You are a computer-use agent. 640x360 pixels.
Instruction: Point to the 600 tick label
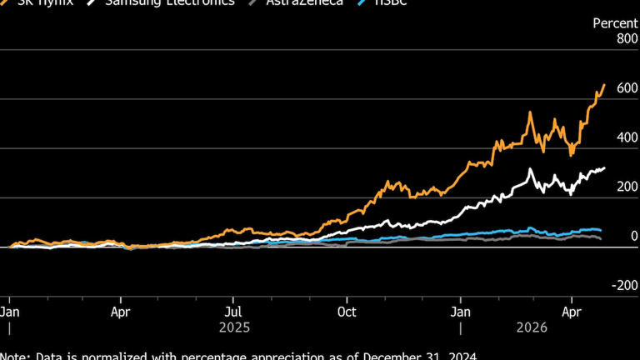point(627,87)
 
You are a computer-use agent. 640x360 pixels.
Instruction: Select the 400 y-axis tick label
point(627,137)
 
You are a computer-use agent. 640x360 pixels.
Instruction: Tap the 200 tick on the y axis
point(627,187)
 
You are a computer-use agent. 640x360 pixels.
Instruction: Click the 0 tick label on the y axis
point(632,237)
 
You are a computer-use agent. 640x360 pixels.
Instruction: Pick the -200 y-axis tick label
point(625,286)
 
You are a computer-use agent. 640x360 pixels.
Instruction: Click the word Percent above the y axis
point(615,23)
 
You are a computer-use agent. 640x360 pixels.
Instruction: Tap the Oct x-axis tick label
point(347,312)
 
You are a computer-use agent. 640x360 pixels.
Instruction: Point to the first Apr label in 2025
point(121,312)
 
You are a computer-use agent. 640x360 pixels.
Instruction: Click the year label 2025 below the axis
point(234,328)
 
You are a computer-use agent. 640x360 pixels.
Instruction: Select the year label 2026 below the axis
point(531,328)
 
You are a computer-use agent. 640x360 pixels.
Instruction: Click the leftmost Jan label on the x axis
point(10,312)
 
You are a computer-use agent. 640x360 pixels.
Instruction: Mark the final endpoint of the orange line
point(604,84)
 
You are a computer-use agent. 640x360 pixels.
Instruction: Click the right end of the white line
point(605,168)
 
